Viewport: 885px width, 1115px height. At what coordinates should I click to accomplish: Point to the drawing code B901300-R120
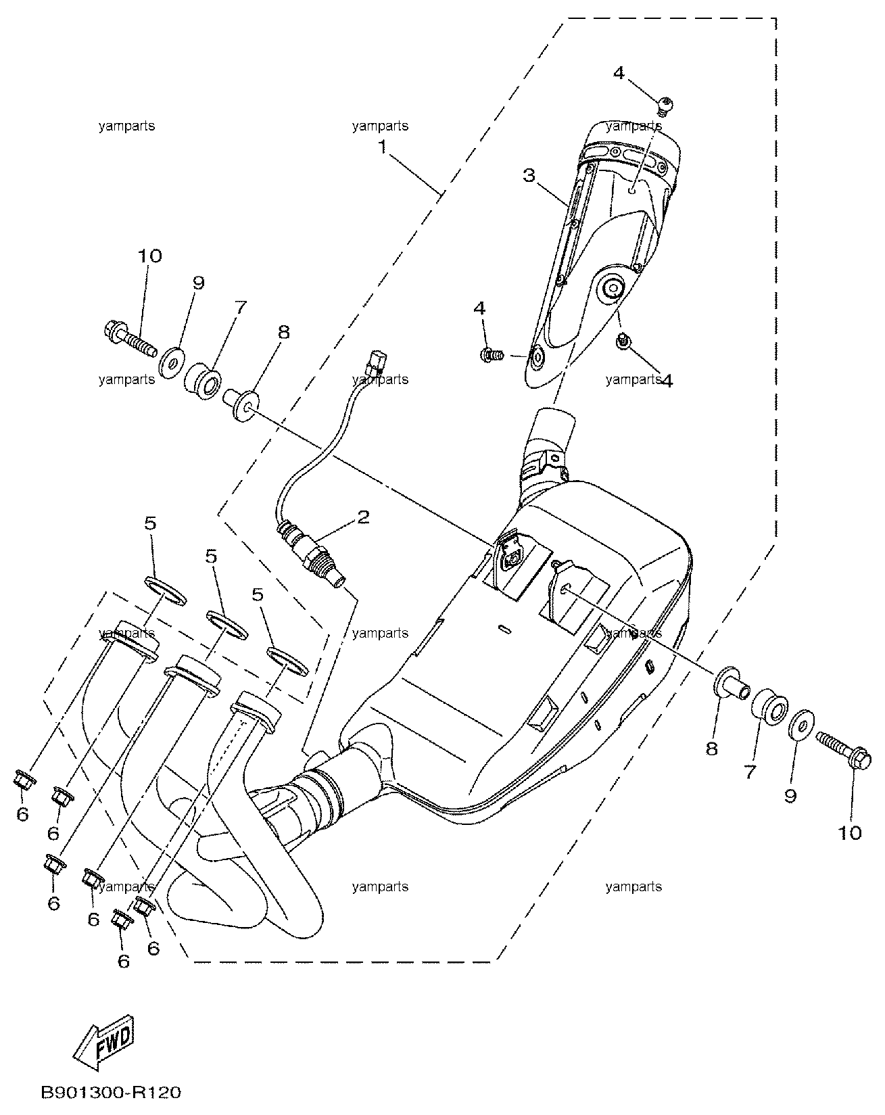pyautogui.click(x=112, y=1093)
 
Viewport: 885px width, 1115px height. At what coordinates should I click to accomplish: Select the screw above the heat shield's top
pyautogui.click(x=665, y=104)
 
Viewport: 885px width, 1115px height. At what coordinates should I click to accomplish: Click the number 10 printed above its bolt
pyautogui.click(x=151, y=256)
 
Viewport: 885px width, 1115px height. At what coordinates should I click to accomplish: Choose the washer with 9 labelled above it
pyautogui.click(x=172, y=360)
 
